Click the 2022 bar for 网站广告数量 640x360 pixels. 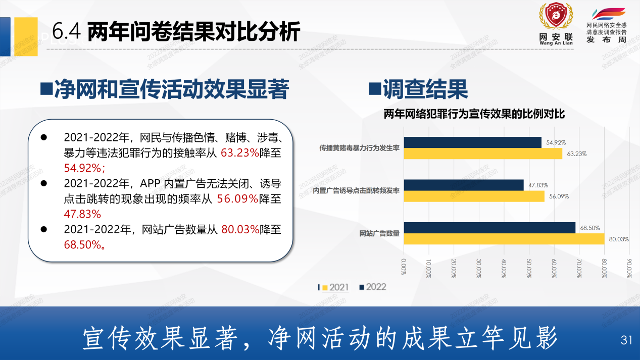490,228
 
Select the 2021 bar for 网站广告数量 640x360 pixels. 504,239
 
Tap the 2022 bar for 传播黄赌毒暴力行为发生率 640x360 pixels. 473,142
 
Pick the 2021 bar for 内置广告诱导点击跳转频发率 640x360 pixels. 474,196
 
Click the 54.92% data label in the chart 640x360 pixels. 556,142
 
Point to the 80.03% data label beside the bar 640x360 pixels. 619,239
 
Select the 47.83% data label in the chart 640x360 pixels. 538,185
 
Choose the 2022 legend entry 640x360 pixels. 372,287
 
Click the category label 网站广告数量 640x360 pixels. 379,233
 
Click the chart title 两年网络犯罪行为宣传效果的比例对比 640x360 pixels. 474,115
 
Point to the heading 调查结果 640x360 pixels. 425,89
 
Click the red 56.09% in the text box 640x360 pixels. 237,199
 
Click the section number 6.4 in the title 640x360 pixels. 66,32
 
